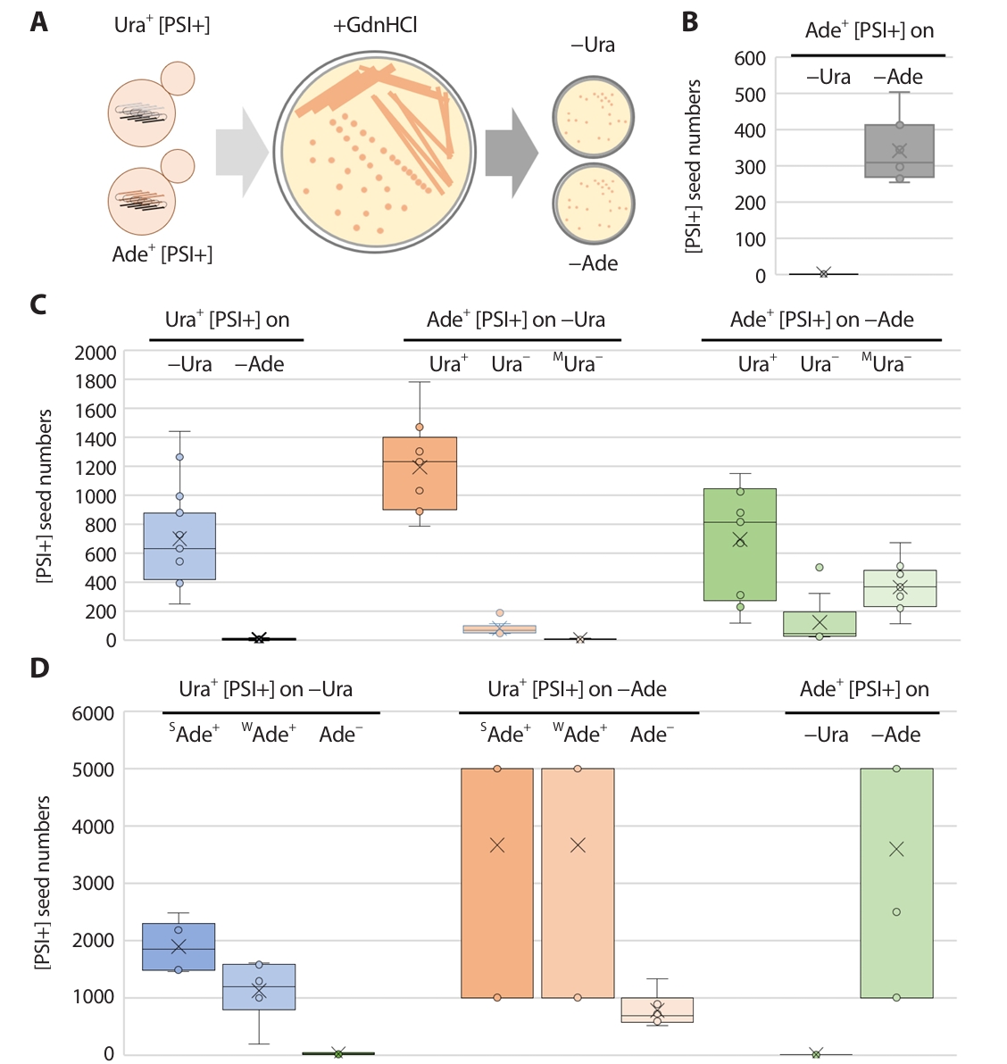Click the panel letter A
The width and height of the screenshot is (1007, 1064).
click(38, 21)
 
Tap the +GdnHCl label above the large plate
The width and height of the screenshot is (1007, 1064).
click(375, 25)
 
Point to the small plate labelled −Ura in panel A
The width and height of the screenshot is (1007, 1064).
click(594, 117)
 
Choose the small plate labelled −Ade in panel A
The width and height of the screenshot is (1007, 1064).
click(594, 204)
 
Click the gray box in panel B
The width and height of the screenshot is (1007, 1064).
click(899, 151)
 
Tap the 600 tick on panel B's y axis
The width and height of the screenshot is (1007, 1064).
click(750, 59)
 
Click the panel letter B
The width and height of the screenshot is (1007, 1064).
click(689, 22)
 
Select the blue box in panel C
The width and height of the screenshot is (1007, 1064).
click(179, 546)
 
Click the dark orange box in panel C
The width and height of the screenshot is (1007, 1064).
click(420, 473)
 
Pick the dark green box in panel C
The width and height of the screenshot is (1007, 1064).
click(739, 544)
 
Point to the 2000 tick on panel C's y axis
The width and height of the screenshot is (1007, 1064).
click(96, 353)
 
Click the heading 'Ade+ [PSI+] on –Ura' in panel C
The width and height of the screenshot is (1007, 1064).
click(515, 320)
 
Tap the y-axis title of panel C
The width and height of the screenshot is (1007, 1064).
click(44, 496)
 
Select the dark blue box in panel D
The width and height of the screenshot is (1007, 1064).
click(179, 946)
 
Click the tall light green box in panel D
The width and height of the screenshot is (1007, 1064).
click(896, 883)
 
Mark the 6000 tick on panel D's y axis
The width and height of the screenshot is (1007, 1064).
click(93, 713)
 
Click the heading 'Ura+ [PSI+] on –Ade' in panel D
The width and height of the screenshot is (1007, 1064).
click(577, 689)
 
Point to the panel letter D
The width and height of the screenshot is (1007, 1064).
click(39, 668)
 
